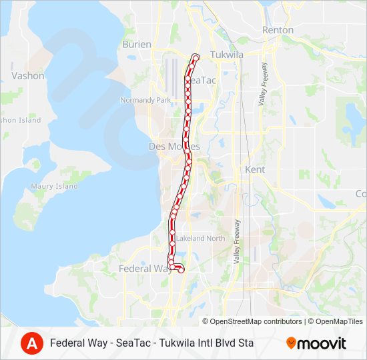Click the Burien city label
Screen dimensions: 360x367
(x=136, y=44)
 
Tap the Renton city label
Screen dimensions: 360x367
(x=278, y=30)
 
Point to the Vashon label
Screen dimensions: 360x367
(x=27, y=75)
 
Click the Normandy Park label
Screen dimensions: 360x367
(x=145, y=100)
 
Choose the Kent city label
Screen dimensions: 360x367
(x=255, y=170)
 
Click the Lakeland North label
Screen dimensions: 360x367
(x=201, y=238)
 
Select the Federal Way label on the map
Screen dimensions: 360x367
(x=144, y=269)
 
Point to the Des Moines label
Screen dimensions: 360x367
(x=174, y=146)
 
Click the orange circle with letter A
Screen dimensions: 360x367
(x=31, y=343)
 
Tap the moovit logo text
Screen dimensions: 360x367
(x=322, y=343)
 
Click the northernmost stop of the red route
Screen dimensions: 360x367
(x=196, y=57)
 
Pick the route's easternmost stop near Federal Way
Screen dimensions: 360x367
(x=181, y=269)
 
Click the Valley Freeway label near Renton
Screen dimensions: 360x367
(x=263, y=83)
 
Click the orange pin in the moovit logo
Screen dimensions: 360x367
(x=291, y=343)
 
